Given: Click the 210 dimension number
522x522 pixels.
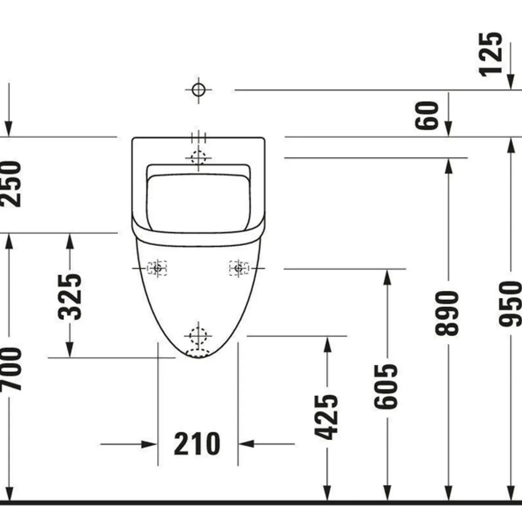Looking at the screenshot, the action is tap(197, 444).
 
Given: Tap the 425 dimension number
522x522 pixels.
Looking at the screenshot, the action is tap(326, 417).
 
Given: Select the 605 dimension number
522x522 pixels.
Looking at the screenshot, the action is tap(386, 386).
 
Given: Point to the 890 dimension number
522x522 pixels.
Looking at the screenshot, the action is tap(447, 313).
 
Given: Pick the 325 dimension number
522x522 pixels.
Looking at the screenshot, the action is tap(70, 297).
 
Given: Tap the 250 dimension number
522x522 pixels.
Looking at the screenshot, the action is tap(10, 184).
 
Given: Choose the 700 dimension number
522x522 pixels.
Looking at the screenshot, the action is tap(10, 369).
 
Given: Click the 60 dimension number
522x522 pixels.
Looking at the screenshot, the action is tap(427, 116).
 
